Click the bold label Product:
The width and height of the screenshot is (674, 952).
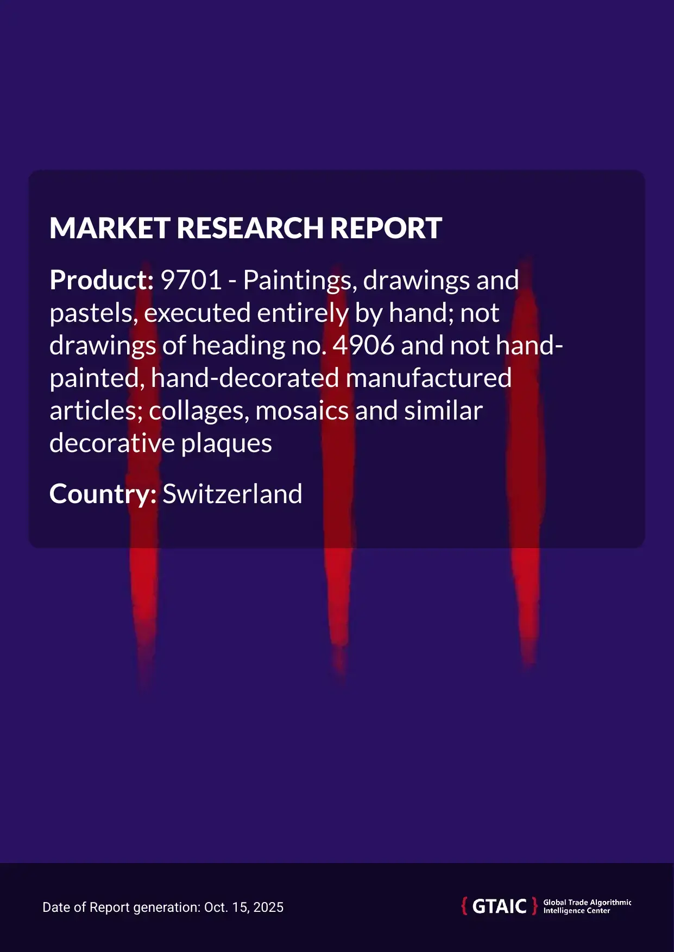(102, 281)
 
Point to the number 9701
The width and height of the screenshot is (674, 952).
(192, 281)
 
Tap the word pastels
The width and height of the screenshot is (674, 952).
(93, 314)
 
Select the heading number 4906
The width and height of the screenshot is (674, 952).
(363, 346)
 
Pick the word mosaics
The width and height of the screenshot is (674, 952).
(301, 411)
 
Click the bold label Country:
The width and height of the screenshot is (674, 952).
(103, 494)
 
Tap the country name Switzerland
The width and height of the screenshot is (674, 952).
(232, 494)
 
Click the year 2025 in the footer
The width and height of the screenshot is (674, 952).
(269, 907)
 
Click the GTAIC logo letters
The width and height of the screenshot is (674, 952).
(499, 906)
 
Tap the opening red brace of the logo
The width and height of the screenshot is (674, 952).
(464, 906)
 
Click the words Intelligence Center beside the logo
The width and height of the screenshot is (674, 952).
(576, 911)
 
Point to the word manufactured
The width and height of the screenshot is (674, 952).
(429, 378)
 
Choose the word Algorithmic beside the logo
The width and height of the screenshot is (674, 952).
(610, 902)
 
